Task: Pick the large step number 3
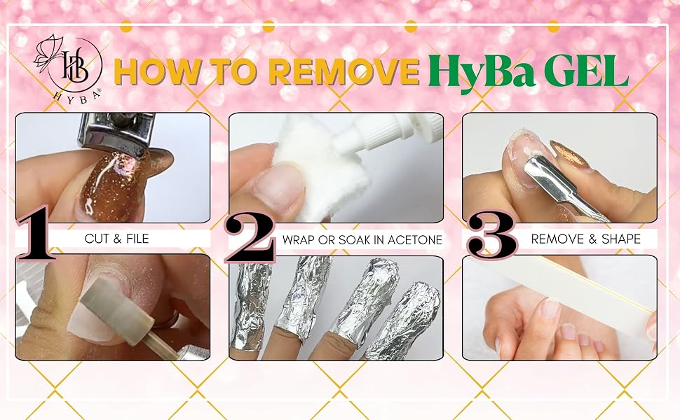pyautogui.click(x=492, y=234)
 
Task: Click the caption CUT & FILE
pyautogui.click(x=116, y=239)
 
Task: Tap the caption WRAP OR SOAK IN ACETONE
pyautogui.click(x=362, y=240)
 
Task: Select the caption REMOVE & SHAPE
pyautogui.click(x=586, y=239)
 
